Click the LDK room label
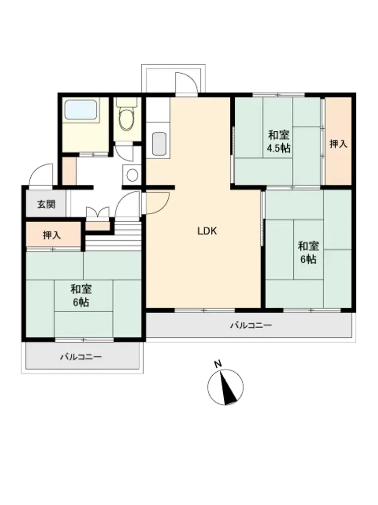tap(207, 231)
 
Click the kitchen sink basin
tap(159, 143)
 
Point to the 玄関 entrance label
tap(46, 204)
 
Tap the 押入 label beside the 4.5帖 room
tap(339, 143)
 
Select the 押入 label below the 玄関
tap(52, 235)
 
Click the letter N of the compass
tap(218, 364)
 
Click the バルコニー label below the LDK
tap(251, 325)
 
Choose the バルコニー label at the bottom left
tap(81, 357)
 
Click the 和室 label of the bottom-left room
tap(81, 289)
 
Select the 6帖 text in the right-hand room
tap(308, 260)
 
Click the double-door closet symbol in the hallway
tap(98, 213)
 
